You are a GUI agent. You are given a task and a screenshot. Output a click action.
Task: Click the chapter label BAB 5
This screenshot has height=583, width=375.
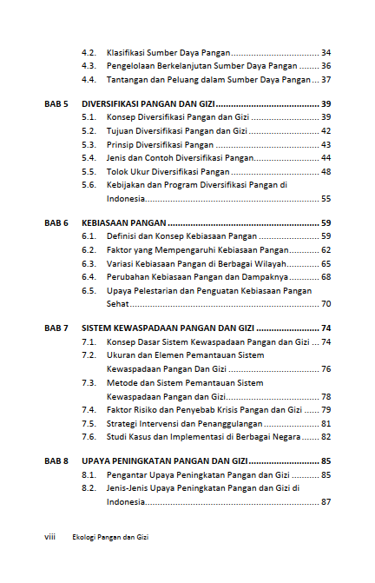(56, 103)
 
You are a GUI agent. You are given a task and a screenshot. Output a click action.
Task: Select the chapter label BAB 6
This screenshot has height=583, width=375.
(56, 222)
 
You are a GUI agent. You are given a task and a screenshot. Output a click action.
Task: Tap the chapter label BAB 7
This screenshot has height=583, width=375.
(56, 328)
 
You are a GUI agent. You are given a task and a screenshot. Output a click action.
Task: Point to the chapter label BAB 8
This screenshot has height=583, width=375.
(56, 460)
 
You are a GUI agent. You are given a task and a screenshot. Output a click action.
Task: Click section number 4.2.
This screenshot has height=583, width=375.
(89, 52)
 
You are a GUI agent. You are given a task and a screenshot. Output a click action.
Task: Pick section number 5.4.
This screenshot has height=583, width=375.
(89, 158)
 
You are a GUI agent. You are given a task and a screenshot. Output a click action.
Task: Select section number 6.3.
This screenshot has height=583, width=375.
(89, 263)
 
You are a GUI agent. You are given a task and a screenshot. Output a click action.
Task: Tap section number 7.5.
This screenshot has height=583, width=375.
(89, 422)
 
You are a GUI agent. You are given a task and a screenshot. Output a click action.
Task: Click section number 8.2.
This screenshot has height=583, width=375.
(89, 488)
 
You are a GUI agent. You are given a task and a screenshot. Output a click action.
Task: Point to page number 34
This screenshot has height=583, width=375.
(326, 52)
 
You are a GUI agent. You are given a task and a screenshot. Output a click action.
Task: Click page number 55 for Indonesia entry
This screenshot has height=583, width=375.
(326, 198)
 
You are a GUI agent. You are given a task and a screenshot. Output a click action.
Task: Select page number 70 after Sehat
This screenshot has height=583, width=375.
(326, 304)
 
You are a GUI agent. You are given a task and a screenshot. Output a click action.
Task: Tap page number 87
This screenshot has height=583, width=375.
(326, 502)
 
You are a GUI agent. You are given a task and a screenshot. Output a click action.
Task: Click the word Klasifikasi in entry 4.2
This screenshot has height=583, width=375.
(128, 52)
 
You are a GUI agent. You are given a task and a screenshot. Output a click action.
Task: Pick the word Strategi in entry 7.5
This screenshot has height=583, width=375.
(124, 422)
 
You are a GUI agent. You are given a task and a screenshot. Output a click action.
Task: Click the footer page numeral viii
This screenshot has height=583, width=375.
(49, 537)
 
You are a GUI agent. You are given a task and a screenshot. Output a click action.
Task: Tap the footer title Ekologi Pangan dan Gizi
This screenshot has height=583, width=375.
(110, 537)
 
